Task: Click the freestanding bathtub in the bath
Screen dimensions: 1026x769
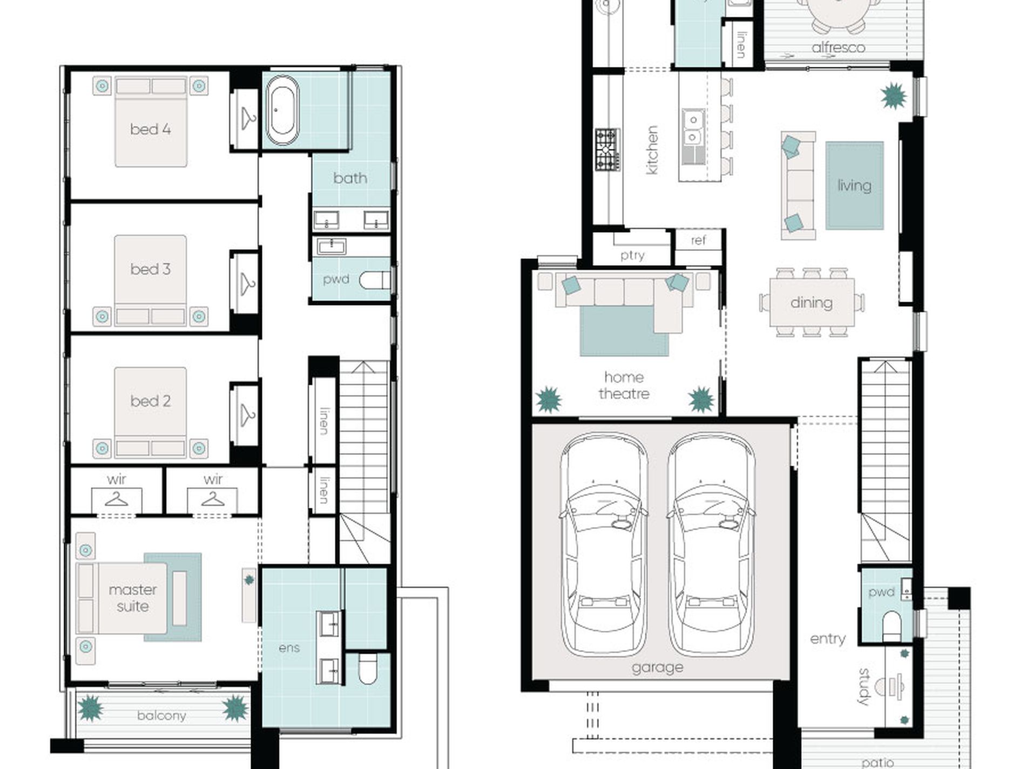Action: pyautogui.click(x=282, y=110)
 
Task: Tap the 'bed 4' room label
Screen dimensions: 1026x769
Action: pyautogui.click(x=150, y=129)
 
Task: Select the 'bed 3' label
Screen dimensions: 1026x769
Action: pyautogui.click(x=150, y=269)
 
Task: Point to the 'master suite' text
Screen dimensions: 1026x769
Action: pyautogui.click(x=133, y=598)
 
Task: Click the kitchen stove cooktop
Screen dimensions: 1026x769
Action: pyautogui.click(x=607, y=149)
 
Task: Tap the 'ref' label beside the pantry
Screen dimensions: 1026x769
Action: pyautogui.click(x=698, y=240)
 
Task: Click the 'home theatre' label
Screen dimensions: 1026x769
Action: pyautogui.click(x=624, y=385)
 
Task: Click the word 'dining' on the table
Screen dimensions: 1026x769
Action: pyautogui.click(x=811, y=303)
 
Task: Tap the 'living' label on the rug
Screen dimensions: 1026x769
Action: pyautogui.click(x=854, y=186)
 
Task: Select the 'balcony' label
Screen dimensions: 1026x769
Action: pyautogui.click(x=161, y=716)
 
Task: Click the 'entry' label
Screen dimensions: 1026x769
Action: pyautogui.click(x=827, y=639)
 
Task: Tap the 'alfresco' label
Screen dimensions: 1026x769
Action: pyautogui.click(x=838, y=47)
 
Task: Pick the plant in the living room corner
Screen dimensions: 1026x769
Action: pyautogui.click(x=894, y=96)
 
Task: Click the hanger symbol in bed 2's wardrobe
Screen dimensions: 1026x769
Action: pyautogui.click(x=247, y=415)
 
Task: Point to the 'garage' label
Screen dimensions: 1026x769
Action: pyautogui.click(x=657, y=668)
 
